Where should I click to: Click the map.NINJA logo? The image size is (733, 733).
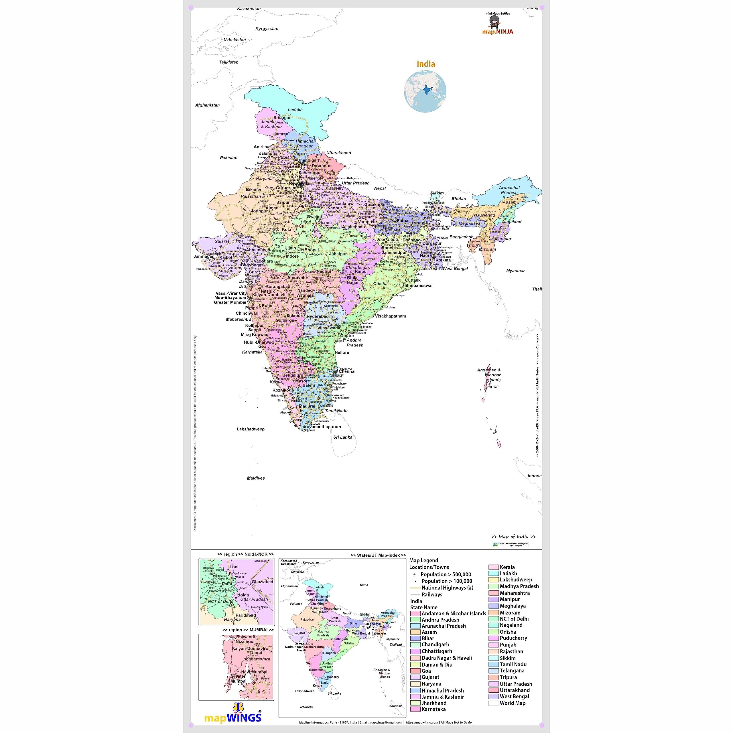pyautogui.click(x=497, y=25)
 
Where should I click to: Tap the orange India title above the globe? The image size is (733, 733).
pyautogui.click(x=426, y=64)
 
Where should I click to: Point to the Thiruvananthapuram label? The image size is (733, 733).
pyautogui.click(x=320, y=427)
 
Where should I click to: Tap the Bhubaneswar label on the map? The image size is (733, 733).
pyautogui.click(x=419, y=286)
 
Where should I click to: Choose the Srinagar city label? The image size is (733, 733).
pyautogui.click(x=282, y=118)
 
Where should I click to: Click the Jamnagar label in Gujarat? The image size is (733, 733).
pyautogui.click(x=204, y=257)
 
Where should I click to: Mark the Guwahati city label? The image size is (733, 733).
pyautogui.click(x=485, y=215)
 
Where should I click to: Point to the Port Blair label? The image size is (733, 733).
pyautogui.click(x=492, y=387)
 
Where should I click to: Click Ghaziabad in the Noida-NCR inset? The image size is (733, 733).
pyautogui.click(x=262, y=582)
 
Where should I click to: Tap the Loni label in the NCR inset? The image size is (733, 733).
pyautogui.click(x=234, y=567)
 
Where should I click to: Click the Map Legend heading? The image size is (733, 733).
pyautogui.click(x=423, y=560)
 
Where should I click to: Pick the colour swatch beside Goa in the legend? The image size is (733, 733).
pyautogui.click(x=415, y=671)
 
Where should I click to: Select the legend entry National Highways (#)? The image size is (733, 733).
pyautogui.click(x=447, y=588)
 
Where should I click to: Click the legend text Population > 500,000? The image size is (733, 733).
pyautogui.click(x=446, y=574)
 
